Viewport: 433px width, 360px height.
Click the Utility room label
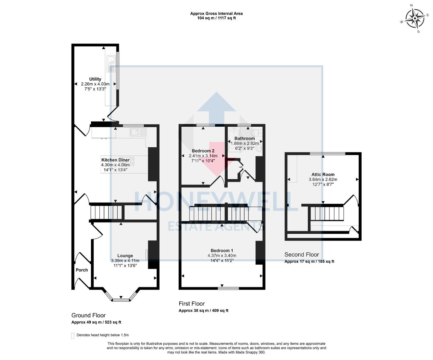tap(95, 79)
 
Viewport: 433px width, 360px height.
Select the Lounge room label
tap(125, 256)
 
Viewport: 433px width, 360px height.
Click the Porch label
tap(82, 270)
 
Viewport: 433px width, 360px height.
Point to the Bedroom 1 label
tap(222, 251)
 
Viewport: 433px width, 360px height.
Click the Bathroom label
tap(245, 139)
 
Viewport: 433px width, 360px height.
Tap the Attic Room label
tap(323, 175)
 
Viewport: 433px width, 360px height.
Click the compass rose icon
tap(415, 18)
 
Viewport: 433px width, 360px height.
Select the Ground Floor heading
tap(88, 315)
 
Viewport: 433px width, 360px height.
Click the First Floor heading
tap(191, 304)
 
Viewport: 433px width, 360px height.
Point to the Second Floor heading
tap(301, 255)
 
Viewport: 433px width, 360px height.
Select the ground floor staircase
tap(106, 213)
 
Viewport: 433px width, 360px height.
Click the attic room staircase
tap(327, 213)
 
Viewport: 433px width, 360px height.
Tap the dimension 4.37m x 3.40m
tap(222, 256)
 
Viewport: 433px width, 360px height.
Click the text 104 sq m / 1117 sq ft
tap(216, 18)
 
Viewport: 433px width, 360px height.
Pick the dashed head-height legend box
tap(73, 336)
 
